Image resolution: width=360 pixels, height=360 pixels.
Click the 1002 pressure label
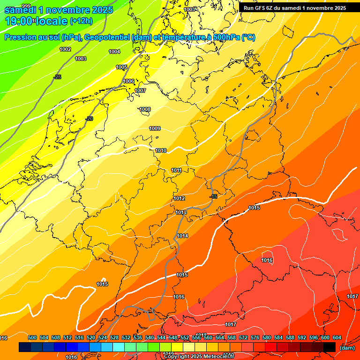tap(66, 49)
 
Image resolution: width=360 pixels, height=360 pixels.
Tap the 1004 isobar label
tap(114, 52)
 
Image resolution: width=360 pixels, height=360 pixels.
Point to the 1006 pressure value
tap(129, 81)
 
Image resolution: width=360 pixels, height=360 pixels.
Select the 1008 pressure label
tap(145, 109)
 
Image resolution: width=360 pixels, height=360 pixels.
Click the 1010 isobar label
tap(161, 150)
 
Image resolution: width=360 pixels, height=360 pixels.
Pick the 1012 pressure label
tap(179, 198)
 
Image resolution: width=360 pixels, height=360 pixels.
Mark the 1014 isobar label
tap(182, 236)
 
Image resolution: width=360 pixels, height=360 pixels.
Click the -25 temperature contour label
tap(57, 77)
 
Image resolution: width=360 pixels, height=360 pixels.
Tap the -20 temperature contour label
tap(89, 119)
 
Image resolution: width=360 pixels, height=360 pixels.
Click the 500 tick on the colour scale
tap(32, 337)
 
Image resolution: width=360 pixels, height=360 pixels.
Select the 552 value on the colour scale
tap(184, 337)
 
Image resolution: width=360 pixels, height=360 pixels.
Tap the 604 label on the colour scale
tap(337, 337)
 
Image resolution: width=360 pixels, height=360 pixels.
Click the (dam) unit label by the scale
tap(347, 347)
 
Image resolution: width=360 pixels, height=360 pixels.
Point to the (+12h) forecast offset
tap(81, 21)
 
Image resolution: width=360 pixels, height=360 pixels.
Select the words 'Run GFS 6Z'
tap(259, 7)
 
